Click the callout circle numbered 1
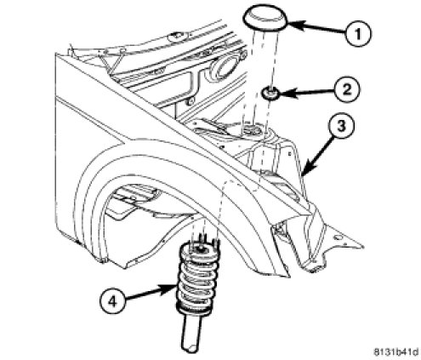(358, 34)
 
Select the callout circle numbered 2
(347, 89)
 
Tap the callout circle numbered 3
(341, 126)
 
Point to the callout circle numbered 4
(112, 301)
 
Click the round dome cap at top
(265, 17)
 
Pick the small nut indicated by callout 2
(269, 93)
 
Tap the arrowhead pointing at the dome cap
(297, 25)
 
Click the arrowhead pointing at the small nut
(287, 93)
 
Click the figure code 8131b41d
(396, 352)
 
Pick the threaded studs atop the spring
(205, 240)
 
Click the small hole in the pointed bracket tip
(337, 237)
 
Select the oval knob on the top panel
(176, 37)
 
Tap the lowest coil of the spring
(193, 309)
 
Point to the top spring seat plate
(200, 250)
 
